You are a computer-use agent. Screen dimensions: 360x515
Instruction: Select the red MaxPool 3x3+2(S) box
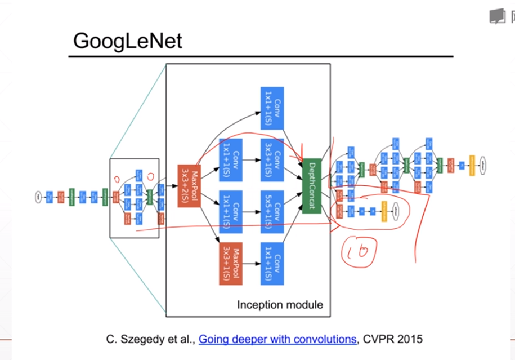pyautogui.click(x=189, y=186)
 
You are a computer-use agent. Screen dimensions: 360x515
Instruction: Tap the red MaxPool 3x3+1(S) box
pyautogui.click(x=230, y=263)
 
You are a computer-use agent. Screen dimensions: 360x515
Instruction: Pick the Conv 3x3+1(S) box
pyautogui.click(x=272, y=159)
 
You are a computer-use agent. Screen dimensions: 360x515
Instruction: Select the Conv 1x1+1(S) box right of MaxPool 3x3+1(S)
pyautogui.click(x=272, y=263)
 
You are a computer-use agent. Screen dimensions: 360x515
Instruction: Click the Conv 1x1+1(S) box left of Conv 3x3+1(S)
pyautogui.click(x=230, y=159)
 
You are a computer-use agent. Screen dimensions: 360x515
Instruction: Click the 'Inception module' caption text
pyautogui.click(x=280, y=305)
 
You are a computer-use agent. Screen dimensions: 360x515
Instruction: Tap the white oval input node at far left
pyautogui.click(x=38, y=197)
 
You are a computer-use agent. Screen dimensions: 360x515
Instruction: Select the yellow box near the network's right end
pyautogui.click(x=472, y=165)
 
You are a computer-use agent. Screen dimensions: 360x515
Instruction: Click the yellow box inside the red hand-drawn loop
pyautogui.click(x=384, y=211)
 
